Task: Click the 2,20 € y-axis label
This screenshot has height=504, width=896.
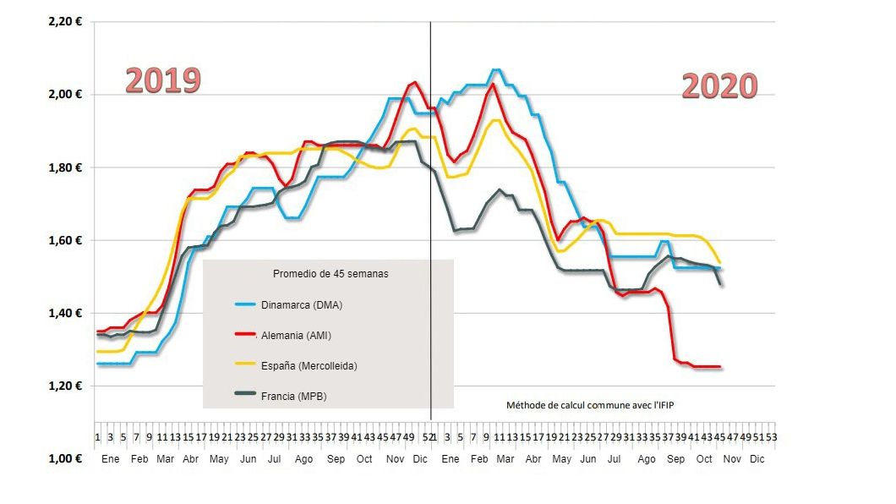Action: pos(66,21)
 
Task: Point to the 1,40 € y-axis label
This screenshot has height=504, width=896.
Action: pos(66,314)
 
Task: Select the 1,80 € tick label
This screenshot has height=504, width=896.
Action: pos(66,167)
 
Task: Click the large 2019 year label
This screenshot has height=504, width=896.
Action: pos(163,80)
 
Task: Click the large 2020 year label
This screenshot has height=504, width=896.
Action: pos(719,86)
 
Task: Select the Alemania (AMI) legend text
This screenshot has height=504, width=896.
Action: pos(295,336)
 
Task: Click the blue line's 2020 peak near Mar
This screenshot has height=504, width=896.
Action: pos(496,70)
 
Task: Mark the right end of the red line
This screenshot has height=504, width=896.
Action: pos(719,367)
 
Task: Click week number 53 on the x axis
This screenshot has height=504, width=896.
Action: pos(771,437)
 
